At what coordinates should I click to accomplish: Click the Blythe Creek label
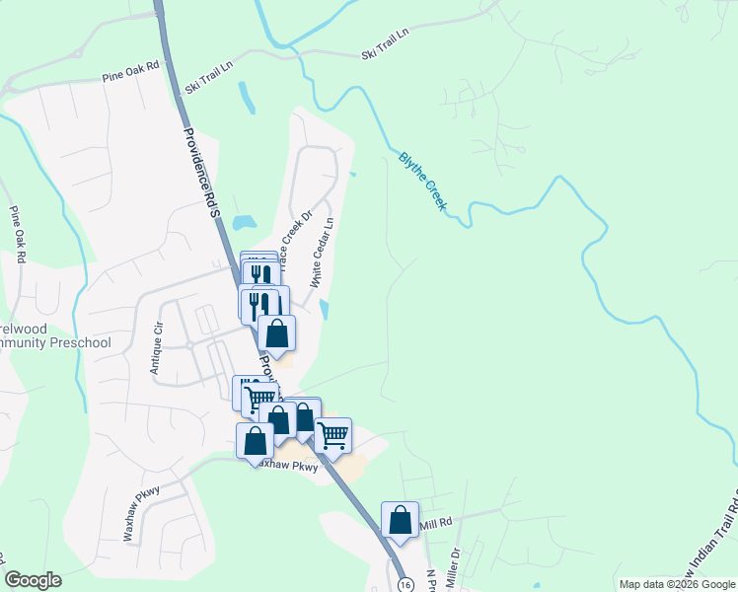pyautogui.click(x=423, y=180)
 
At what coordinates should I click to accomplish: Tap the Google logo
pyautogui.click(x=33, y=580)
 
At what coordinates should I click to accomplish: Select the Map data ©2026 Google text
pyautogui.click(x=676, y=584)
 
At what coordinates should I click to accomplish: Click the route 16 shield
pyautogui.click(x=406, y=584)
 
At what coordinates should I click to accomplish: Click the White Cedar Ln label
pyautogui.click(x=323, y=253)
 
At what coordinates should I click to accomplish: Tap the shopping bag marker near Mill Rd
pyautogui.click(x=400, y=520)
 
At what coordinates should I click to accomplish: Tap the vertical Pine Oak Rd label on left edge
pyautogui.click(x=17, y=234)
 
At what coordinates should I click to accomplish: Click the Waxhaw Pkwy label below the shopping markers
pyautogui.click(x=292, y=467)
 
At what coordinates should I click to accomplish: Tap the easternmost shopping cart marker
pyautogui.click(x=332, y=433)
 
